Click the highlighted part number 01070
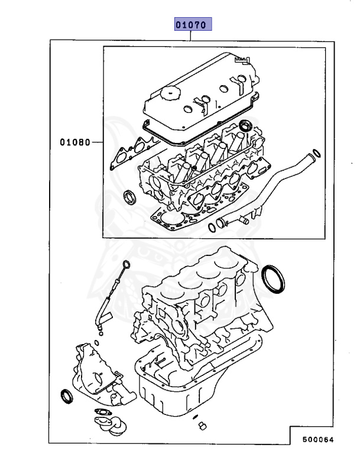pos(192,25)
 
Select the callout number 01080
pos(74,142)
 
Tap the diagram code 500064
pos(319,440)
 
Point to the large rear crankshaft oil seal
pos(273,277)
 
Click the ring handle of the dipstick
pos(126,263)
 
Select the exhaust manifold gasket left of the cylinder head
pos(130,153)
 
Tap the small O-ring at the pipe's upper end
pos(317,154)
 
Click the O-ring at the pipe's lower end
pos(211,228)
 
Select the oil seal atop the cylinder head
pos(245,126)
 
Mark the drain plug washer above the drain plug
pos(196,417)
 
